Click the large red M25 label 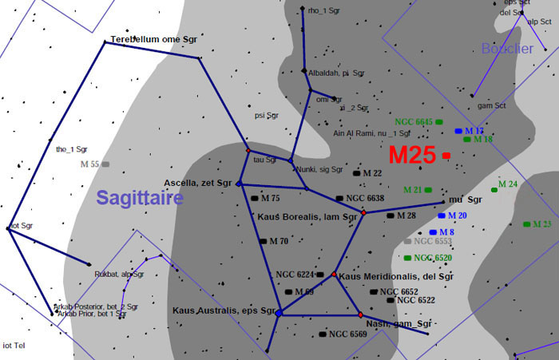tap(412, 156)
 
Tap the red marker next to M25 tap(446, 156)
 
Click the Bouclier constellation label tap(507, 49)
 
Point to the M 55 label tap(89, 164)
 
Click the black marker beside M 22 tap(356, 172)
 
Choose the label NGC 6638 tap(365, 198)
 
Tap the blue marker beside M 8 tap(433, 232)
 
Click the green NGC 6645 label tap(414, 121)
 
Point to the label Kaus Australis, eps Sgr tap(224, 310)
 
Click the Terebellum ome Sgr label tap(153, 38)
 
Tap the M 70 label tap(279, 241)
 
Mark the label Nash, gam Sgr tap(398, 324)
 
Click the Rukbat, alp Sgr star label tap(119, 274)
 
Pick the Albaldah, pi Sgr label tap(334, 72)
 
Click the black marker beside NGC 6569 tap(322, 334)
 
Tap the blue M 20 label tap(457, 216)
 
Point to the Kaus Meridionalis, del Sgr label tap(396, 276)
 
